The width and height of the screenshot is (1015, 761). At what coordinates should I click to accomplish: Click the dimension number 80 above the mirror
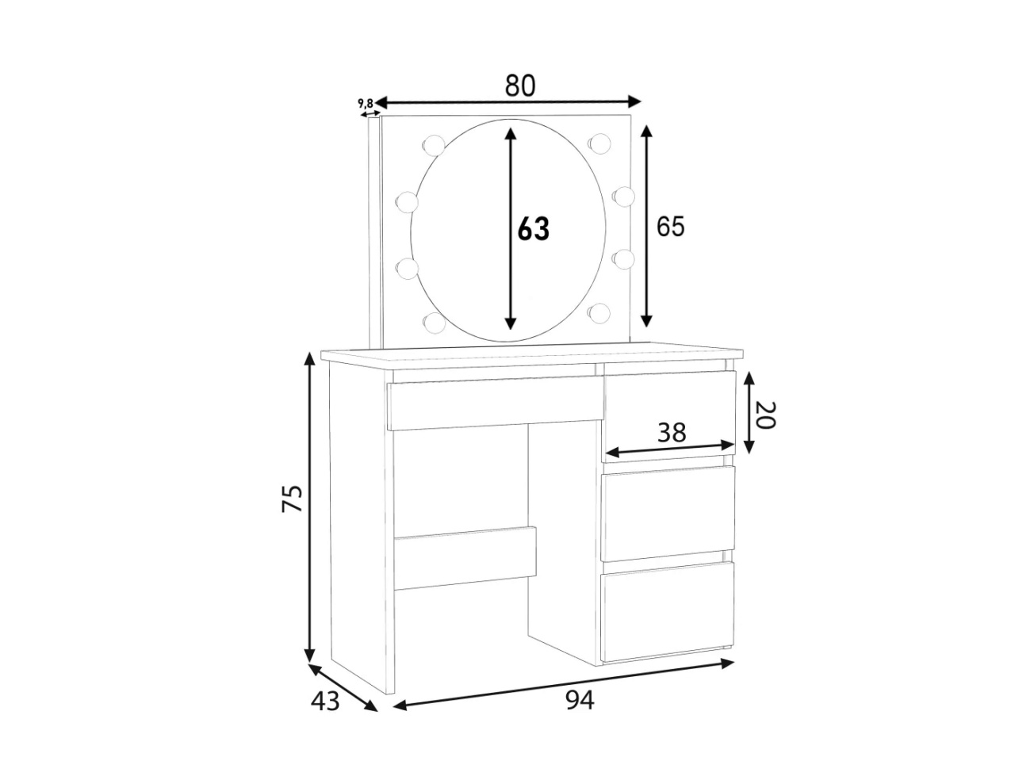pyautogui.click(x=519, y=86)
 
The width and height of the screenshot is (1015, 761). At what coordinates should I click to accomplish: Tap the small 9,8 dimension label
pyautogui.click(x=366, y=103)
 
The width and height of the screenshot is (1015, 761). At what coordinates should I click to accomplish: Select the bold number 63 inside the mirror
pyautogui.click(x=534, y=229)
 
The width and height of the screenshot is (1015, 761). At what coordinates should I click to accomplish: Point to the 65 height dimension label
pyautogui.click(x=671, y=227)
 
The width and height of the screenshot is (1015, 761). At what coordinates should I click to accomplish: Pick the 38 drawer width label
pyautogui.click(x=672, y=433)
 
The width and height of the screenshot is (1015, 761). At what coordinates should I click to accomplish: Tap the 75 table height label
pyautogui.click(x=293, y=498)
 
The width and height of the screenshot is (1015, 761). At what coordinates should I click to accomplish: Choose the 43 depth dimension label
pyautogui.click(x=325, y=702)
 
